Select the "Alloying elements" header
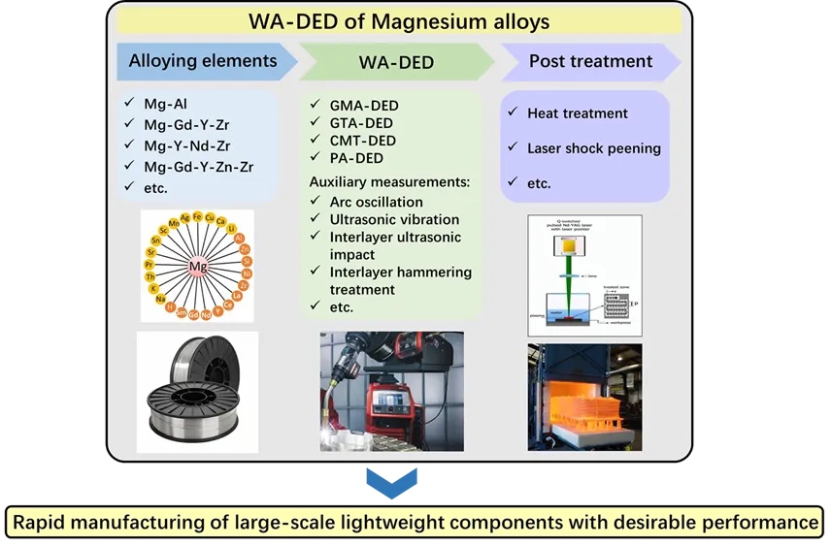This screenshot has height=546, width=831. (x=203, y=61)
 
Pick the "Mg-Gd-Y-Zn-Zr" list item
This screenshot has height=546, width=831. (x=200, y=167)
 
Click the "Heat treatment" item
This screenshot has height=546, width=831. (x=578, y=113)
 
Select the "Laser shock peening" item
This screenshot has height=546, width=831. (x=594, y=148)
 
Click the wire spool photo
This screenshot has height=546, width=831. (x=197, y=390)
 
